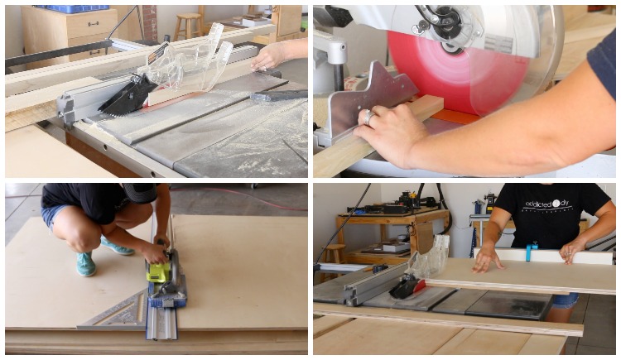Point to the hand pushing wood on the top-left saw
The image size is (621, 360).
click(x=269, y=55)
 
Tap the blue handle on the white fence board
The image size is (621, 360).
click(x=531, y=250)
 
